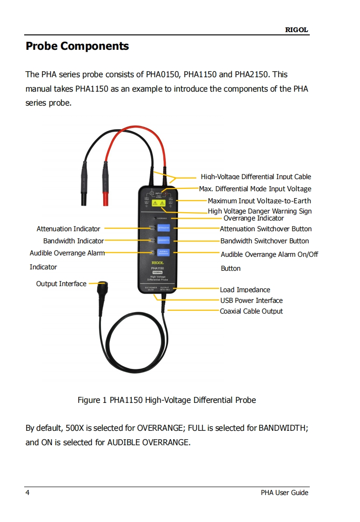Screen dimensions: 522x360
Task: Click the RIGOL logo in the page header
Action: [x=296, y=30]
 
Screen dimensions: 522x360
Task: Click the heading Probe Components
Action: [x=77, y=47]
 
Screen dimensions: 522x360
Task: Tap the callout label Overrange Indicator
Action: [x=253, y=218]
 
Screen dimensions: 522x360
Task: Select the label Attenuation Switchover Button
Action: [x=266, y=229]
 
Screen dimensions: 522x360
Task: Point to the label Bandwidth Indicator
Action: [x=73, y=241]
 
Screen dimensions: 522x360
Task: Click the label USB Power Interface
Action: [x=251, y=301]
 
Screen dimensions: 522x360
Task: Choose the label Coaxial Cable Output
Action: [x=251, y=311]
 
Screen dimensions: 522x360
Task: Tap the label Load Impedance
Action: [x=245, y=290]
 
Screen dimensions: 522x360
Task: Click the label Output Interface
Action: [x=61, y=284]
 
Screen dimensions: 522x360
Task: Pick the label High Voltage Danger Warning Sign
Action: [x=260, y=211]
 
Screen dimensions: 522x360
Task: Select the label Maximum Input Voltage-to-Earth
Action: [x=259, y=201]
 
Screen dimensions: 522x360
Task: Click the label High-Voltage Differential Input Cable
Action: [x=256, y=177]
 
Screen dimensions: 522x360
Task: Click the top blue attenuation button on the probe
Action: [x=163, y=228]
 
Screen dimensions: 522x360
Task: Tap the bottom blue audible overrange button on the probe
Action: [x=163, y=253]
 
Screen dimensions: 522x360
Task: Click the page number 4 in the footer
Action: [x=27, y=493]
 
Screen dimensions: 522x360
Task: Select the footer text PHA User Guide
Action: [x=284, y=493]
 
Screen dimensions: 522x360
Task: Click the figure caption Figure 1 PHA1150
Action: [x=167, y=400]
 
